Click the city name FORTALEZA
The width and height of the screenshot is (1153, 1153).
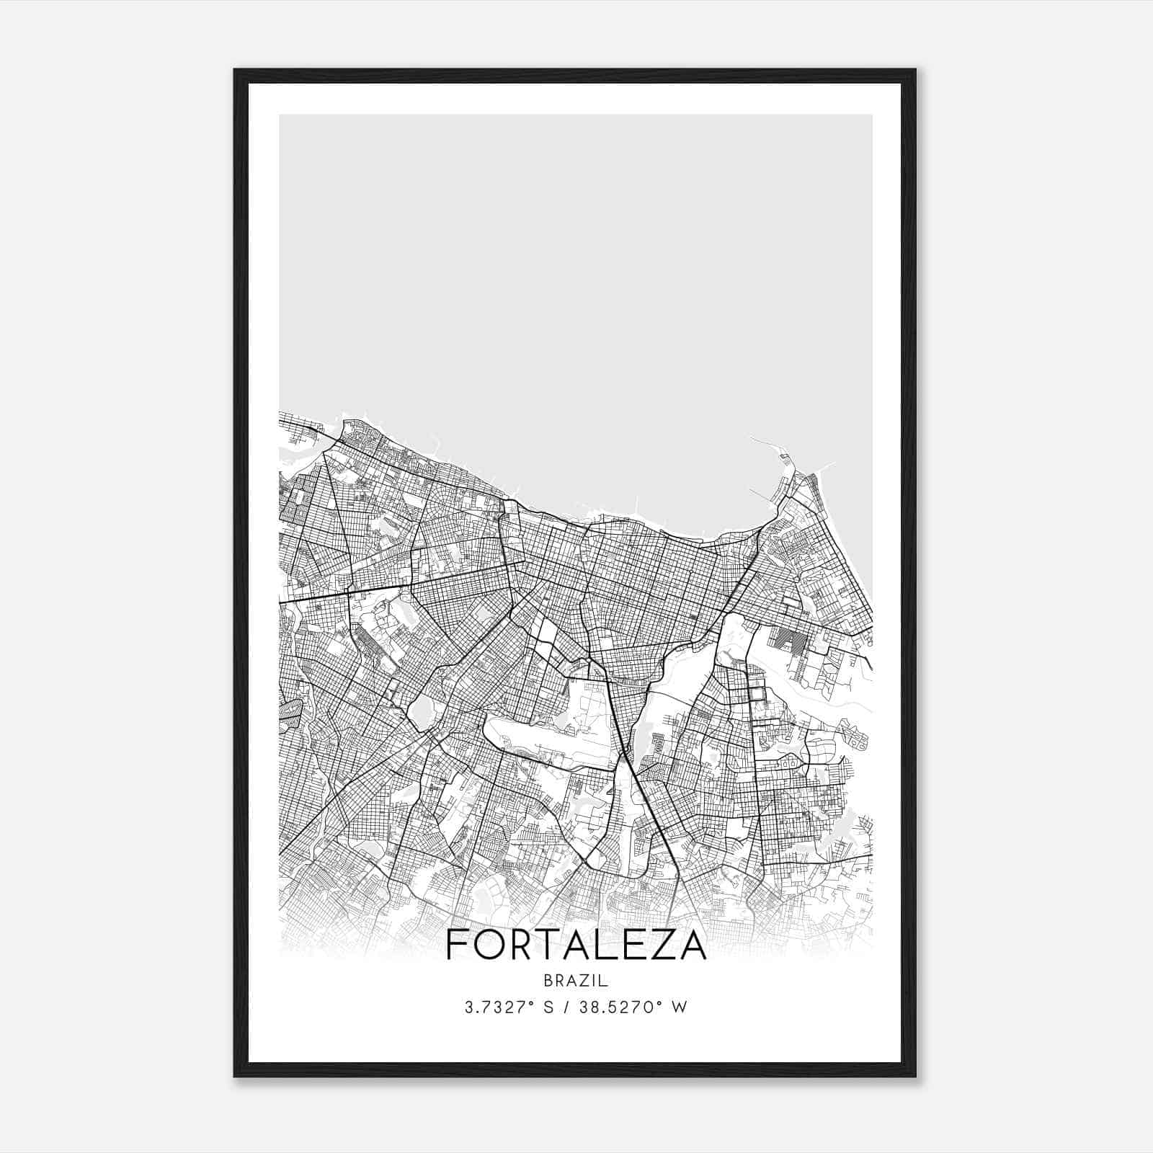pos(576,945)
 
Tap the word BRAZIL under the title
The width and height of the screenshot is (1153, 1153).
pos(576,981)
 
